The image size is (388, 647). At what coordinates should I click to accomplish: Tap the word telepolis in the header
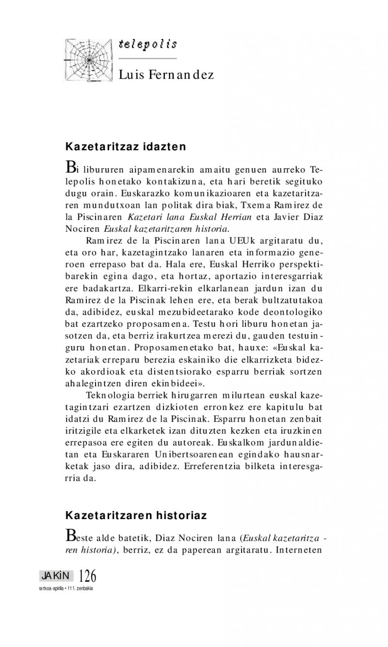tap(147, 45)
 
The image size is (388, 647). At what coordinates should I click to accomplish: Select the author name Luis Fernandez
tap(166, 75)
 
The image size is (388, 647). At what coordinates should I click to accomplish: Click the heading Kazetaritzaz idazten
tap(126, 145)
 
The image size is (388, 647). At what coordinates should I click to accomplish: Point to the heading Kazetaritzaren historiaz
tap(136, 515)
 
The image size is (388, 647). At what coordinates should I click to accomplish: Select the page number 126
tap(87, 577)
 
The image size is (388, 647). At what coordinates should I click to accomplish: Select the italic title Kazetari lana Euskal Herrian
tap(192, 217)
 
